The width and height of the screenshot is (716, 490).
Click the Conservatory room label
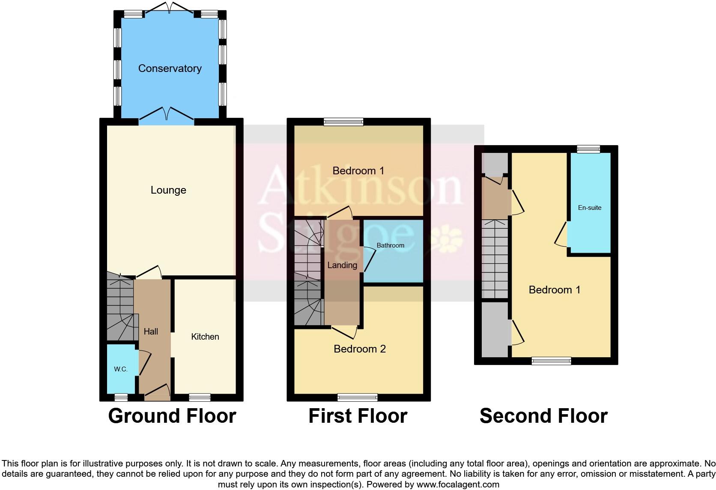click(x=170, y=69)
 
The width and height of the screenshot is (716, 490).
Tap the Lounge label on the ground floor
click(x=168, y=190)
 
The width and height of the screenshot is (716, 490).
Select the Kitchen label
click(x=205, y=337)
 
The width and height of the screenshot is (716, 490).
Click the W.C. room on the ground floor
click(x=121, y=369)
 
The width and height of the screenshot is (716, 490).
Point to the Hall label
click(x=151, y=332)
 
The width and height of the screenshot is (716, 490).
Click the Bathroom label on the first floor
click(x=390, y=245)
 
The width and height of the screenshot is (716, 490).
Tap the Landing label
click(x=342, y=265)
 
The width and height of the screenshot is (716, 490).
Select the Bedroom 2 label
click(x=359, y=349)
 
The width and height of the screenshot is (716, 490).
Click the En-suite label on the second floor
click(x=589, y=208)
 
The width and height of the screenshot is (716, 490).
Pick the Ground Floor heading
click(x=172, y=416)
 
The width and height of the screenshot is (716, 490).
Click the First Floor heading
click(x=358, y=416)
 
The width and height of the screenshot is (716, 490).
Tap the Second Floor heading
click(x=543, y=416)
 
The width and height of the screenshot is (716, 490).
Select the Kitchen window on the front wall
click(x=200, y=397)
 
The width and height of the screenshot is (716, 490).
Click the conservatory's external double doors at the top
click(x=170, y=9)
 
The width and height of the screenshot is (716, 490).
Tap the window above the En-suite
click(x=588, y=149)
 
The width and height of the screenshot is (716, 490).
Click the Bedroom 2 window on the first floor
click(x=358, y=397)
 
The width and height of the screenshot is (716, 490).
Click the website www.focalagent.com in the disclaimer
click(x=457, y=484)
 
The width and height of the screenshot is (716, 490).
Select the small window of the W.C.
click(x=121, y=397)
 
